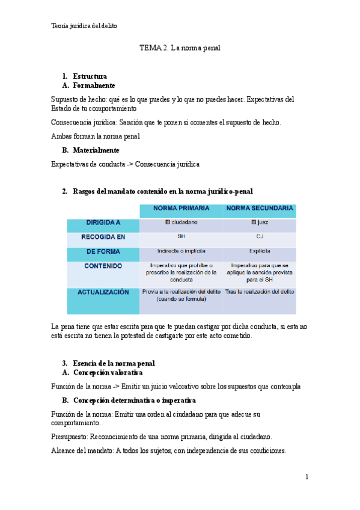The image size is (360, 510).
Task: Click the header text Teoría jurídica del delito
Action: click(x=85, y=26)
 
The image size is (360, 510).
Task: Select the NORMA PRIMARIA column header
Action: click(x=181, y=209)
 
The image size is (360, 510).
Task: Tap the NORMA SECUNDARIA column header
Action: click(x=260, y=209)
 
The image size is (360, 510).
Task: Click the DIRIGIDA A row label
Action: click(x=103, y=223)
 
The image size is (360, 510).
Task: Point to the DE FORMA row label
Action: click(x=103, y=251)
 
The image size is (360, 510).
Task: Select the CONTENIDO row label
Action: click(x=103, y=266)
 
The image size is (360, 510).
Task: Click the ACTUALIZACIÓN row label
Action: click(x=103, y=292)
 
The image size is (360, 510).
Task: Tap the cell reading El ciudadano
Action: click(x=181, y=223)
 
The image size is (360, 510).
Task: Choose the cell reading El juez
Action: click(x=260, y=223)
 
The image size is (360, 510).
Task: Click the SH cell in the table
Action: click(x=181, y=237)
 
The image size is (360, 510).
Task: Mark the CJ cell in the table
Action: click(x=260, y=237)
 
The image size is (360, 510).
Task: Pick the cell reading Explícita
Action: click(x=260, y=251)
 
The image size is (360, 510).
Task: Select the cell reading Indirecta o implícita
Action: click(x=181, y=251)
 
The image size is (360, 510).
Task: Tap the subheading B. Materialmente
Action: click(x=95, y=150)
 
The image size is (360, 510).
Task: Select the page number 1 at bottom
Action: click(x=307, y=477)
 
